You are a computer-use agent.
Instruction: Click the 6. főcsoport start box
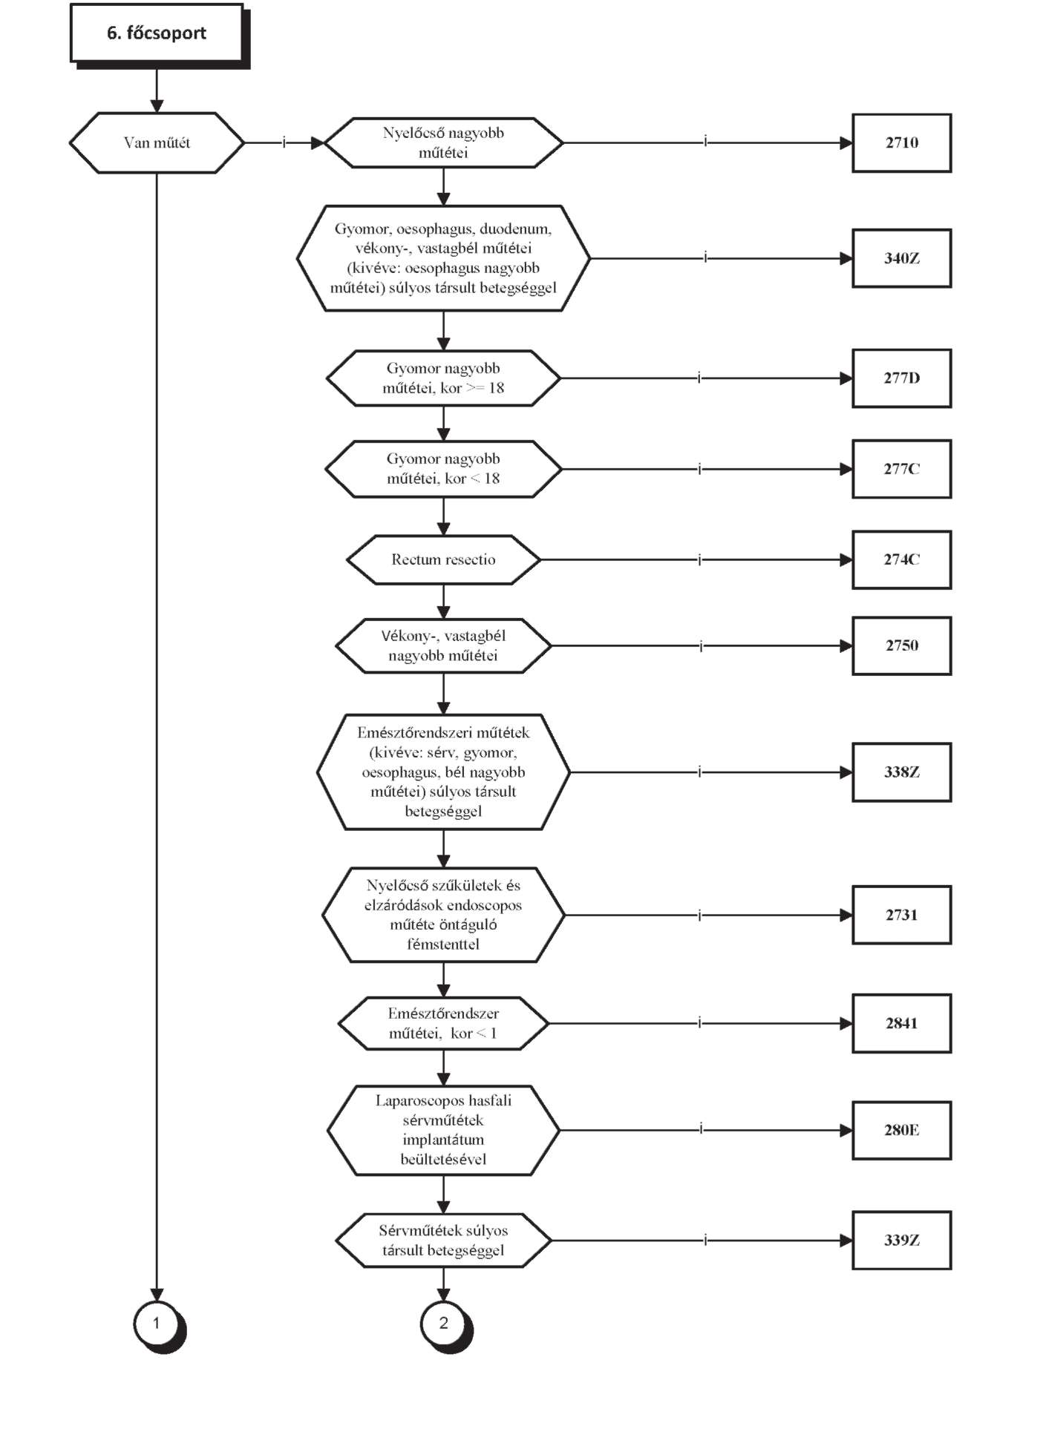tap(157, 33)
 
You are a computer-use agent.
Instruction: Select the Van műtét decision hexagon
tap(157, 142)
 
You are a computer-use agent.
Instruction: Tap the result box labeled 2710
tap(901, 142)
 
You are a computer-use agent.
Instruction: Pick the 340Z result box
tap(901, 258)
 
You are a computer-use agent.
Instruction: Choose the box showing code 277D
tap(901, 378)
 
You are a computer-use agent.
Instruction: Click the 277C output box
tap(901, 469)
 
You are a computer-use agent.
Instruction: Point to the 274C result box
tap(901, 559)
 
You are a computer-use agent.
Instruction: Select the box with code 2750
tap(901, 645)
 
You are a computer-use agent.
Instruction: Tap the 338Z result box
tap(901, 772)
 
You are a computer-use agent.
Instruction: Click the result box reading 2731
tap(901, 915)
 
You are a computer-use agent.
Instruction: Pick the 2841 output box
tap(901, 1023)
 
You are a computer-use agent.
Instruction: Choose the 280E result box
tap(901, 1130)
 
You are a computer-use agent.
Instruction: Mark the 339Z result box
tap(901, 1240)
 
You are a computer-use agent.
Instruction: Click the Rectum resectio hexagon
tap(443, 559)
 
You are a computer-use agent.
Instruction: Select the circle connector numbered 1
tap(157, 1324)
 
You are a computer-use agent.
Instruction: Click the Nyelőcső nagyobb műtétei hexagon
tap(443, 142)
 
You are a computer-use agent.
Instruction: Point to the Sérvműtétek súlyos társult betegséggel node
tap(443, 1240)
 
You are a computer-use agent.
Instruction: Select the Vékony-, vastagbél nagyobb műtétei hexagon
tap(443, 645)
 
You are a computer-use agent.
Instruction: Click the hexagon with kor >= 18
tap(443, 378)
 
